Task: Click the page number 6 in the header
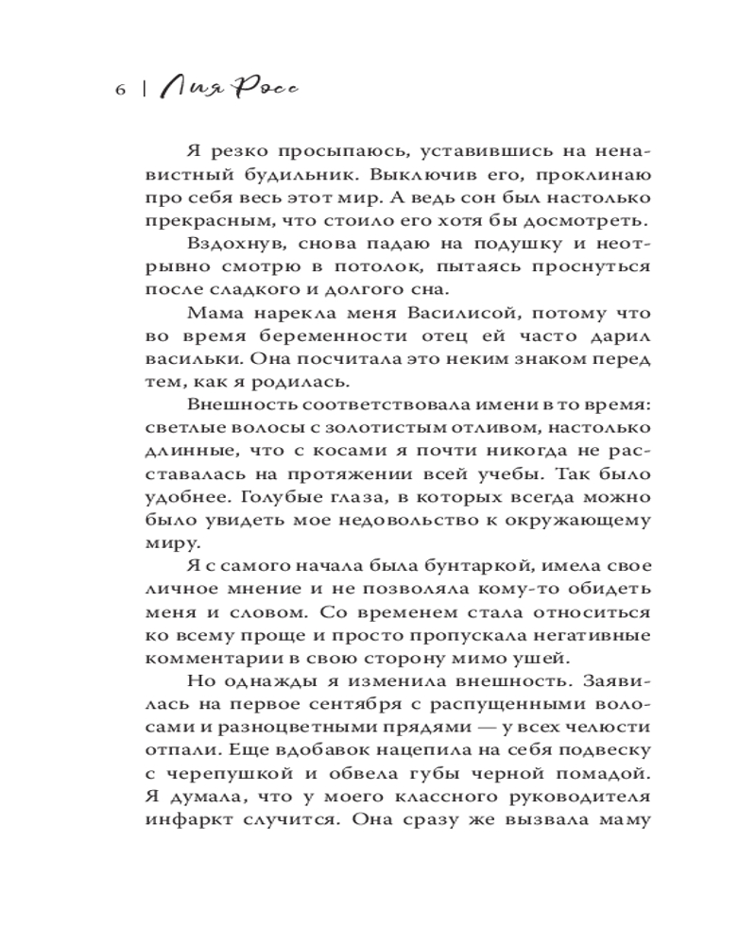[119, 92]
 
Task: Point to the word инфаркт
[186, 818]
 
